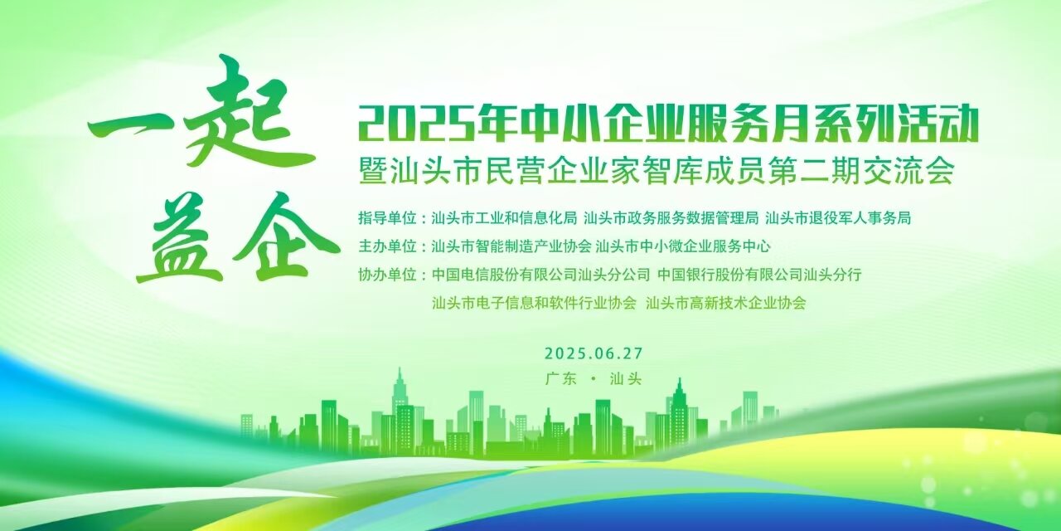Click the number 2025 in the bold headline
[x=416, y=124]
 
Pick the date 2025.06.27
[x=593, y=353]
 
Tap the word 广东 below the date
[x=561, y=379]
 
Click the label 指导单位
[x=387, y=218]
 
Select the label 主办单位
[x=387, y=246]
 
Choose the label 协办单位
[x=387, y=275]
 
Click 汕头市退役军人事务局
[x=838, y=218]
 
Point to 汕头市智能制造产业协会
[x=511, y=246]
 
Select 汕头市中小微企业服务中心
[x=682, y=246]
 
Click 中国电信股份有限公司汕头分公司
[x=541, y=275]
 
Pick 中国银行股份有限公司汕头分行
[x=759, y=275]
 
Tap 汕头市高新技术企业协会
[x=725, y=303]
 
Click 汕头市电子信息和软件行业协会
[x=534, y=303]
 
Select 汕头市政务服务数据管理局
[x=671, y=218]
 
